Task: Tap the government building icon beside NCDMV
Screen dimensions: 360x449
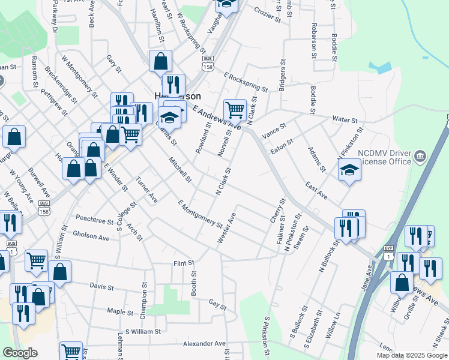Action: click(x=421, y=157)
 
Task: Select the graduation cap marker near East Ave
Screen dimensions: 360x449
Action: click(x=349, y=170)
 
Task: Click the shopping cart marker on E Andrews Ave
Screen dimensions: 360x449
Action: click(x=235, y=110)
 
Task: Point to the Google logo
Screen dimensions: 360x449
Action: click(x=20, y=353)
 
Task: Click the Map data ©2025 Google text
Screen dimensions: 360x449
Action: click(x=412, y=355)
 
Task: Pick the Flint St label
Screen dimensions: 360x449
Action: click(x=184, y=263)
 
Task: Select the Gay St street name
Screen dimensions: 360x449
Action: click(x=217, y=305)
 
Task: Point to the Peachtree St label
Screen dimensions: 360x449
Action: click(x=94, y=220)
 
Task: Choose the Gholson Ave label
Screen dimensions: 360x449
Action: click(x=91, y=236)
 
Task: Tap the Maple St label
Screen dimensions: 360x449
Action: click(x=119, y=312)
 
